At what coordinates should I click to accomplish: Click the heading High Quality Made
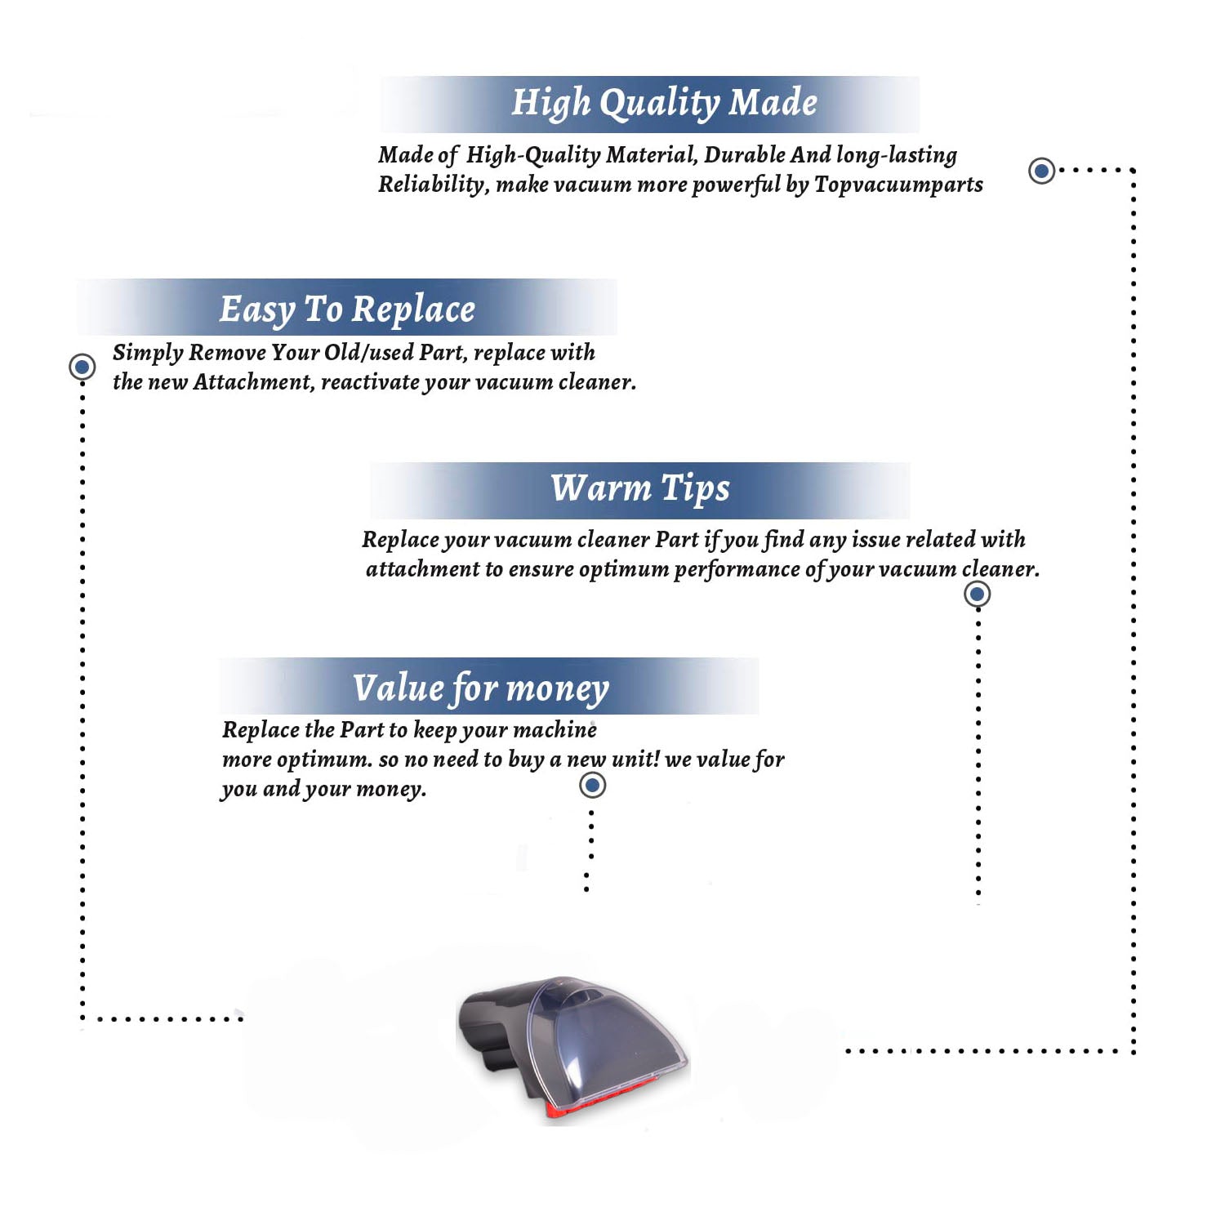click(664, 104)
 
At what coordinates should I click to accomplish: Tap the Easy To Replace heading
click(347, 310)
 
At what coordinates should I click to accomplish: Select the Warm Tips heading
click(639, 488)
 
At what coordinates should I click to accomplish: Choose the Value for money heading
click(481, 688)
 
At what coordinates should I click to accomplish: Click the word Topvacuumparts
click(898, 185)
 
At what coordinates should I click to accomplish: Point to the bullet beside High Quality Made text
click(1041, 171)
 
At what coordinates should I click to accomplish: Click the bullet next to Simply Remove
click(82, 367)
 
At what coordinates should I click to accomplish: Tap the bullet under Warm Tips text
click(978, 594)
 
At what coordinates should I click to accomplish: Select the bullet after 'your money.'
click(592, 786)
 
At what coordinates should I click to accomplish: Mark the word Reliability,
click(434, 185)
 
